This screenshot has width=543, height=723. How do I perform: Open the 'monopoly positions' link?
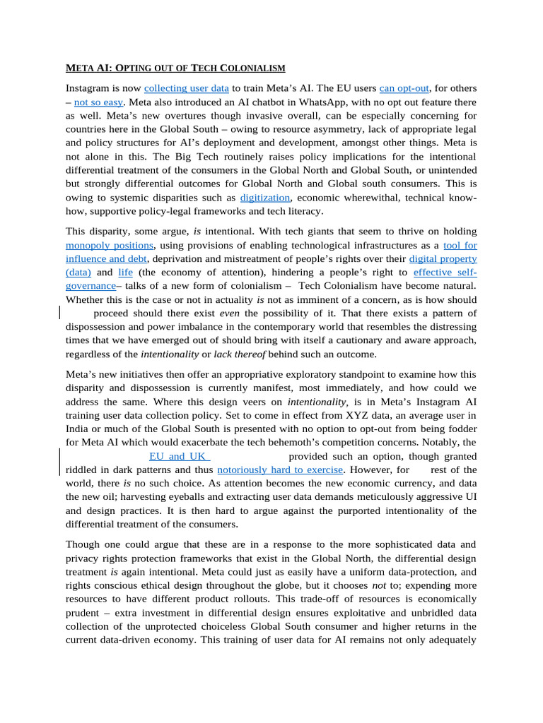click(x=110, y=245)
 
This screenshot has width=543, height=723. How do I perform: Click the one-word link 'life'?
click(x=126, y=272)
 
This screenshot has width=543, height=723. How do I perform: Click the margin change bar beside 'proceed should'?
click(x=59, y=313)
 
